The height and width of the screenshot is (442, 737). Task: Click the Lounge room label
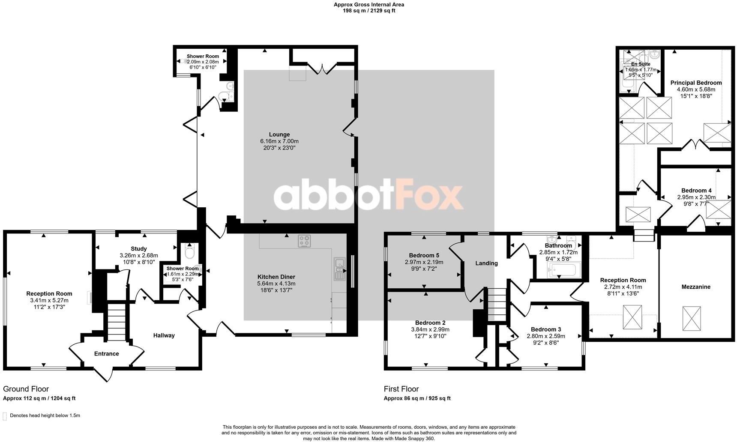[279, 134]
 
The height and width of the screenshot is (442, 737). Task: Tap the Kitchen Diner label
[276, 277]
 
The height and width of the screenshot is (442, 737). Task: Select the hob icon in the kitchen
[304, 241]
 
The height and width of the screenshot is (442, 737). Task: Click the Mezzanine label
[695, 287]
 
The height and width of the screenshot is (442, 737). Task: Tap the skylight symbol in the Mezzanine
[692, 318]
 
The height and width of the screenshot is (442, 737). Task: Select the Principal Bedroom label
[696, 83]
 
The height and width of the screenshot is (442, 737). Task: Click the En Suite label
[641, 64]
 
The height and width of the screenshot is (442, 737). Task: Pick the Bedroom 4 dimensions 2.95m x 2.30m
[696, 197]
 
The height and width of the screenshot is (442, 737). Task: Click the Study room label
[139, 248]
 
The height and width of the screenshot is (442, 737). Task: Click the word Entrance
[106, 354]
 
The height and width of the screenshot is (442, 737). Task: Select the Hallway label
[164, 335]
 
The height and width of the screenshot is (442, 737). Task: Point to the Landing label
[486, 263]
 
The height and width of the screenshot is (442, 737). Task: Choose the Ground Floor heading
[26, 389]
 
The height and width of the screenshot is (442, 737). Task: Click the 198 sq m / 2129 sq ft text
[368, 11]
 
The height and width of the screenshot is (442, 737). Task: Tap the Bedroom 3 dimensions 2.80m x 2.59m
[545, 336]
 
